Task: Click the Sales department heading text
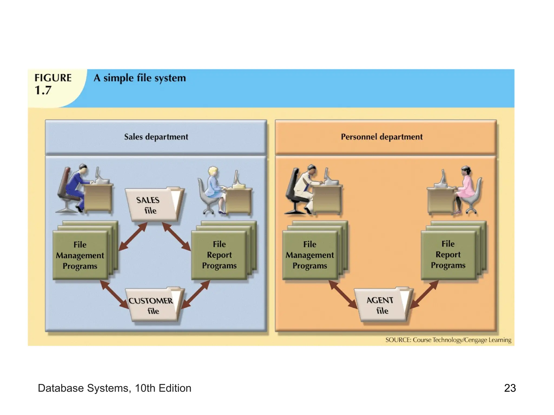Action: [156, 137]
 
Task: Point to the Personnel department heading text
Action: [381, 137]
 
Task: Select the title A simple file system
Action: [140, 78]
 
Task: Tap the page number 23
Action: [510, 388]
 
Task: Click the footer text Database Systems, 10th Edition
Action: [114, 388]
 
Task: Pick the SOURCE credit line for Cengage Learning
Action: [448, 340]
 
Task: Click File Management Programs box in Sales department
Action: [80, 255]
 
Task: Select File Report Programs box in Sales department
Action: [219, 255]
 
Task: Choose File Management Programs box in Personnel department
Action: [310, 255]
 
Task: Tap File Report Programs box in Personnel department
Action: [448, 255]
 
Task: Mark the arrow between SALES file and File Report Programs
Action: [177, 237]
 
